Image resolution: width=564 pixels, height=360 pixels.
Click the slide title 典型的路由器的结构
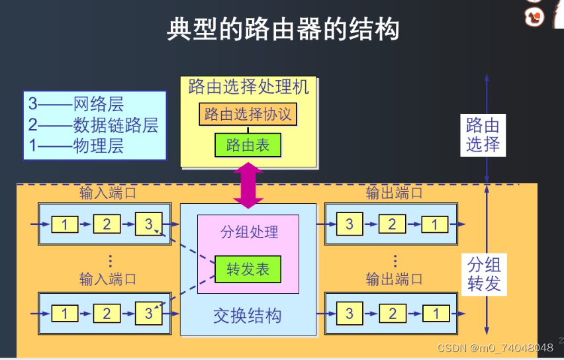point(283,30)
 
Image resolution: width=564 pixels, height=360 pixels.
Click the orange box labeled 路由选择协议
point(248,114)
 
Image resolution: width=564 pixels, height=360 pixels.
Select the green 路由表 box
point(248,145)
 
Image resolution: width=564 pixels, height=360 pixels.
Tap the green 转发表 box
point(248,269)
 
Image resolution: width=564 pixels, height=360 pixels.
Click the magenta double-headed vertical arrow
point(248,185)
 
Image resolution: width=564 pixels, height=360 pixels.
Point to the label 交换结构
point(247,315)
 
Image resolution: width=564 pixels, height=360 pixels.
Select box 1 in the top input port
point(64,224)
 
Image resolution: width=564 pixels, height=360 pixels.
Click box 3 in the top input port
point(148,224)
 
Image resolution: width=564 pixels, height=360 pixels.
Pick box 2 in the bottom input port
point(107,313)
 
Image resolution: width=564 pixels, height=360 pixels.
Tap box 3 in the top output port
point(350,224)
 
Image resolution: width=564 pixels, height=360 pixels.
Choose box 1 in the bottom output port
point(435,313)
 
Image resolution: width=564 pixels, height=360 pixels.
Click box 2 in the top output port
point(392,224)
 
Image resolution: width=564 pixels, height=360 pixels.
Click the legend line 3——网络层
point(75,104)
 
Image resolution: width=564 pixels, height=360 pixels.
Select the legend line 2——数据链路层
point(93,125)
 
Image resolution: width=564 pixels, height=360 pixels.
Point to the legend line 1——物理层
point(75,146)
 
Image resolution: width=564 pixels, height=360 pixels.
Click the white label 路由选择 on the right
point(483,134)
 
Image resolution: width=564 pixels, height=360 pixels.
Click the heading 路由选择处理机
point(248,87)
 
